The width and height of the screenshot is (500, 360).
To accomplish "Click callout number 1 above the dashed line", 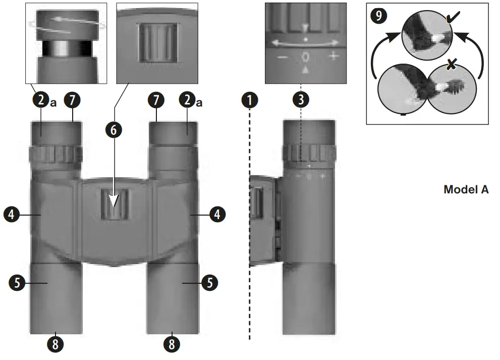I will tap(250, 100).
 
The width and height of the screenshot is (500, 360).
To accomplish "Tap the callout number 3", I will tap(301, 100).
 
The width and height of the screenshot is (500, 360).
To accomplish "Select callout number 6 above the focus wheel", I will tap(114, 129).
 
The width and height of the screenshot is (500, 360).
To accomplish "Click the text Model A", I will tap(466, 190).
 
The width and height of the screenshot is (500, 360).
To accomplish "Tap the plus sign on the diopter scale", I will tap(332, 56).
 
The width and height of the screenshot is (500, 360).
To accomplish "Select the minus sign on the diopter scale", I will tap(283, 57).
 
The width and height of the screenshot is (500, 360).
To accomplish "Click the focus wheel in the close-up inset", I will tap(158, 42).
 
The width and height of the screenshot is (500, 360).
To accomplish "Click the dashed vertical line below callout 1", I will tap(250, 227).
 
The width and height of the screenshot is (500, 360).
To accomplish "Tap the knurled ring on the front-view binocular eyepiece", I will tap(55, 154).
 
